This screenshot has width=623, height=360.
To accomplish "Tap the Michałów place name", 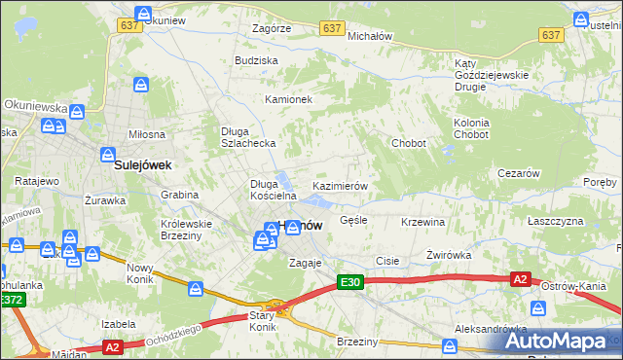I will [x=370, y=36].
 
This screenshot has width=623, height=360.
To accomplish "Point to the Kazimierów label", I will [x=339, y=185].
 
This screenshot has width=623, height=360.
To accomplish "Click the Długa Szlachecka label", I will [x=249, y=137].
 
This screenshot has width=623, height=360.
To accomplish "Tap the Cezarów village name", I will [x=518, y=173].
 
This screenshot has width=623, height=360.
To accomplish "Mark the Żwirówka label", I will [x=449, y=255].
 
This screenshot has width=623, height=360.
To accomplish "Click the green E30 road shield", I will [x=350, y=282].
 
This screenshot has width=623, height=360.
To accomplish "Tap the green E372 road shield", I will [x=12, y=301].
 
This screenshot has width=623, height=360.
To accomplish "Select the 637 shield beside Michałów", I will [x=332, y=28].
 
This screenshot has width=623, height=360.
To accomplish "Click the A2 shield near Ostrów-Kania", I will [x=521, y=279].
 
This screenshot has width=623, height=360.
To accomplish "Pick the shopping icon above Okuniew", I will [x=144, y=15].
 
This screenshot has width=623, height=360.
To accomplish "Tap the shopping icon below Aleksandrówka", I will [x=449, y=345].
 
